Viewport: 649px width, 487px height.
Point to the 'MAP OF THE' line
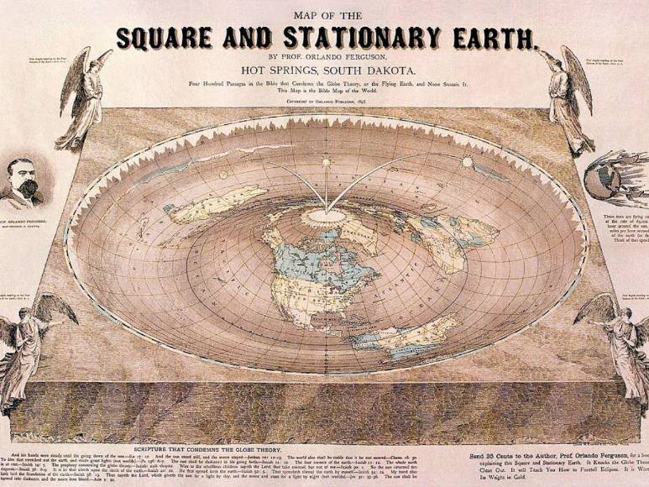click(x=324, y=14)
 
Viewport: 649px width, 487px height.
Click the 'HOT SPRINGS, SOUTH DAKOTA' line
click(x=324, y=71)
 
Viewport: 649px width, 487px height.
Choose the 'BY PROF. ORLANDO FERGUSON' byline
click(x=324, y=56)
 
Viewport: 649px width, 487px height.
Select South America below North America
click(x=395, y=336)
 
